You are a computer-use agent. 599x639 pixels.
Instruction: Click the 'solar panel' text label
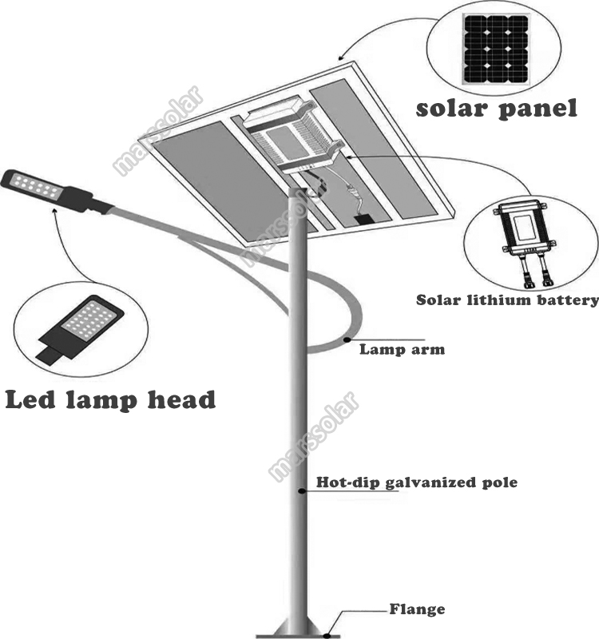coord(496,108)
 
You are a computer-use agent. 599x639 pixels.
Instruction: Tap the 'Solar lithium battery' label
coord(507,301)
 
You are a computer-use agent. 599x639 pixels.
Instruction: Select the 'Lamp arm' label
coord(402,349)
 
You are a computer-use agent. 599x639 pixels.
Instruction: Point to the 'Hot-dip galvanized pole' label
coord(417,482)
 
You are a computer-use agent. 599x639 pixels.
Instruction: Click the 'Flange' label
coord(417,609)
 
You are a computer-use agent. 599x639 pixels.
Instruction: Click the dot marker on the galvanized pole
coord(301,490)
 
